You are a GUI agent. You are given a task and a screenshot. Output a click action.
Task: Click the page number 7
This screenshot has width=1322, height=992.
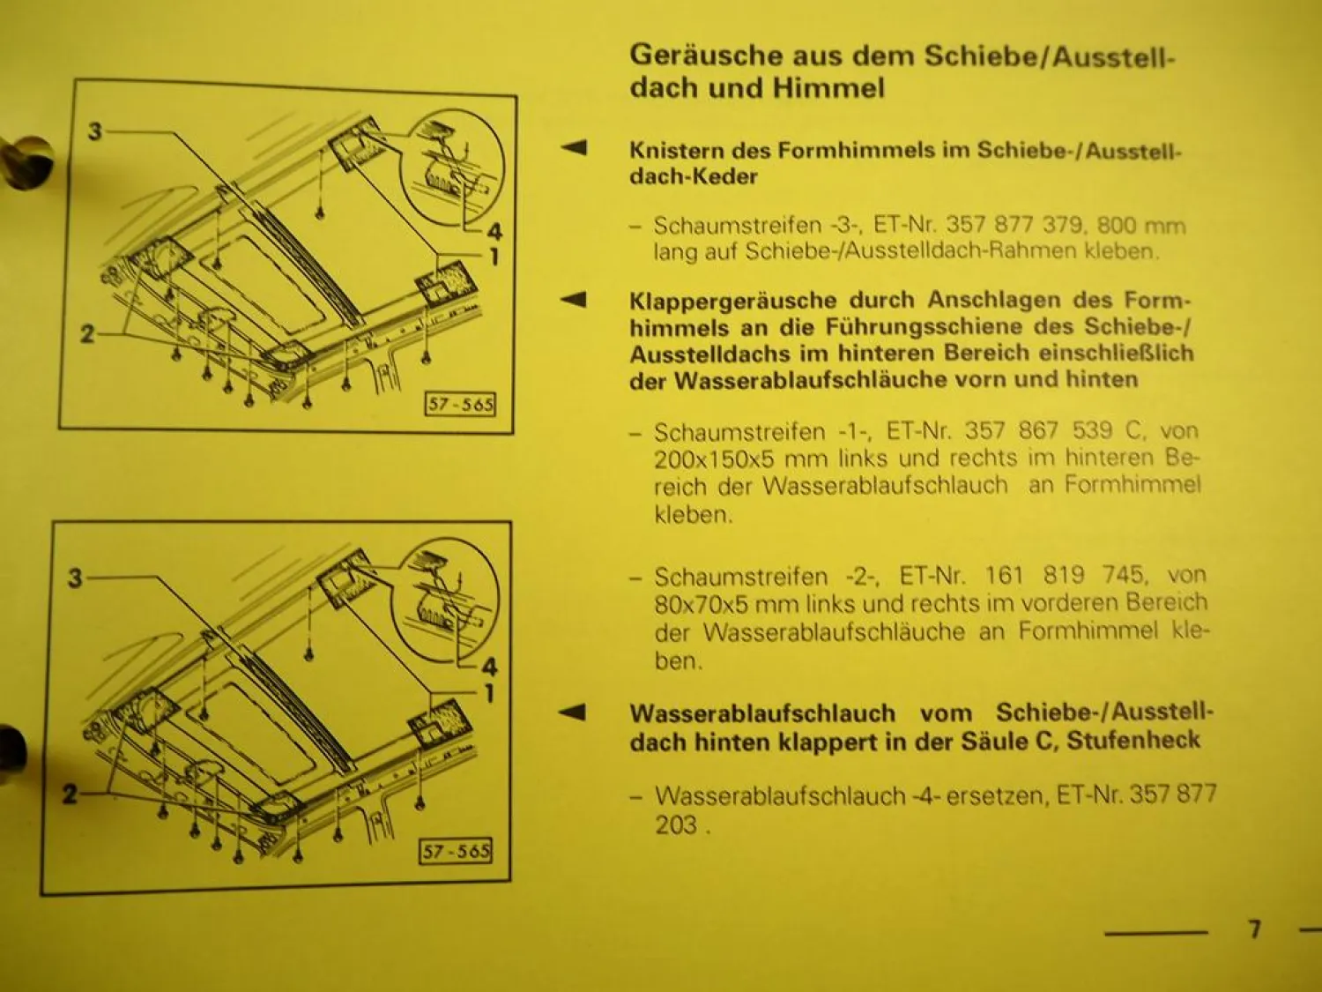[x=1254, y=929]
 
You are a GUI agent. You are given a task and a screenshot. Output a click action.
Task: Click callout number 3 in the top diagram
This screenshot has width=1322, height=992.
[x=95, y=132]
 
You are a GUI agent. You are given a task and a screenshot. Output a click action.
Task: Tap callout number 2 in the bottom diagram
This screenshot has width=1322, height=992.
[x=71, y=794]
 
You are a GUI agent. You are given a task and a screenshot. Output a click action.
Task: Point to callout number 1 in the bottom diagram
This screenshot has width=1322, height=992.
[x=489, y=694]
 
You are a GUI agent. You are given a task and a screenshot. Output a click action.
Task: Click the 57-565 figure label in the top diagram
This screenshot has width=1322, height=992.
[x=460, y=405]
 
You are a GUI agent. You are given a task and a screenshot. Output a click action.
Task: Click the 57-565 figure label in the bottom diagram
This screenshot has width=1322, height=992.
[x=456, y=851]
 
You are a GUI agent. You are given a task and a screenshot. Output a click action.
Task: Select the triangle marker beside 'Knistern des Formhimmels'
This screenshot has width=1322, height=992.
[x=574, y=147]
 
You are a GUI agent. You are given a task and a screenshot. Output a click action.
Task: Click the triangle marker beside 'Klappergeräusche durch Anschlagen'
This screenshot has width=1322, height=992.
[x=574, y=300]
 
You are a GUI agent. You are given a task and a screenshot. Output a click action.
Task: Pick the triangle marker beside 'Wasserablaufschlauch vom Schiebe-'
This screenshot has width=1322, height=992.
[x=574, y=712]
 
